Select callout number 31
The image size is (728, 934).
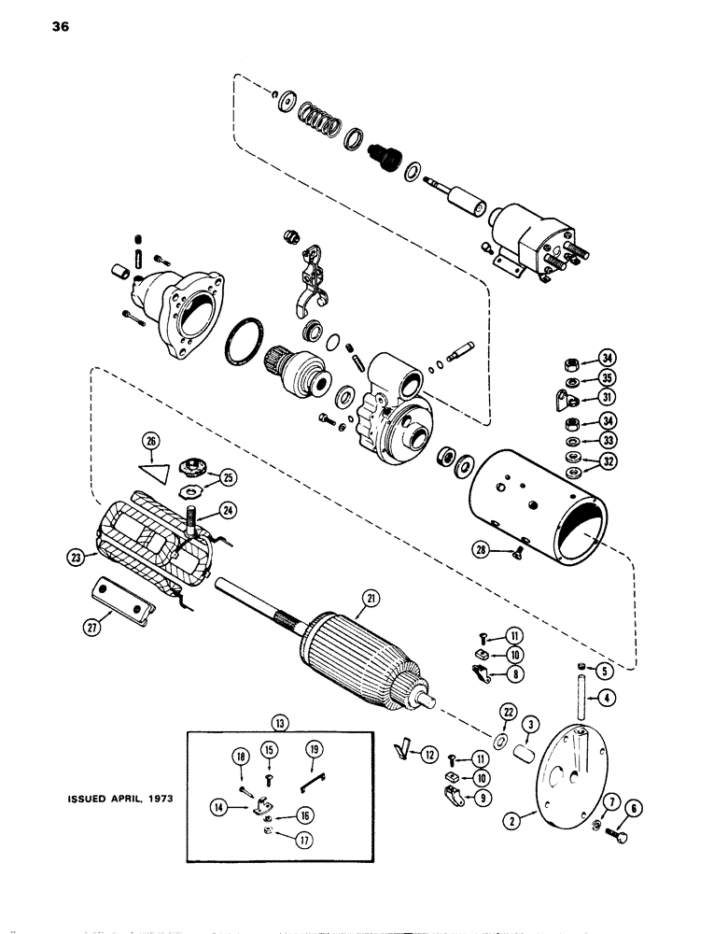tap(582, 396)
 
